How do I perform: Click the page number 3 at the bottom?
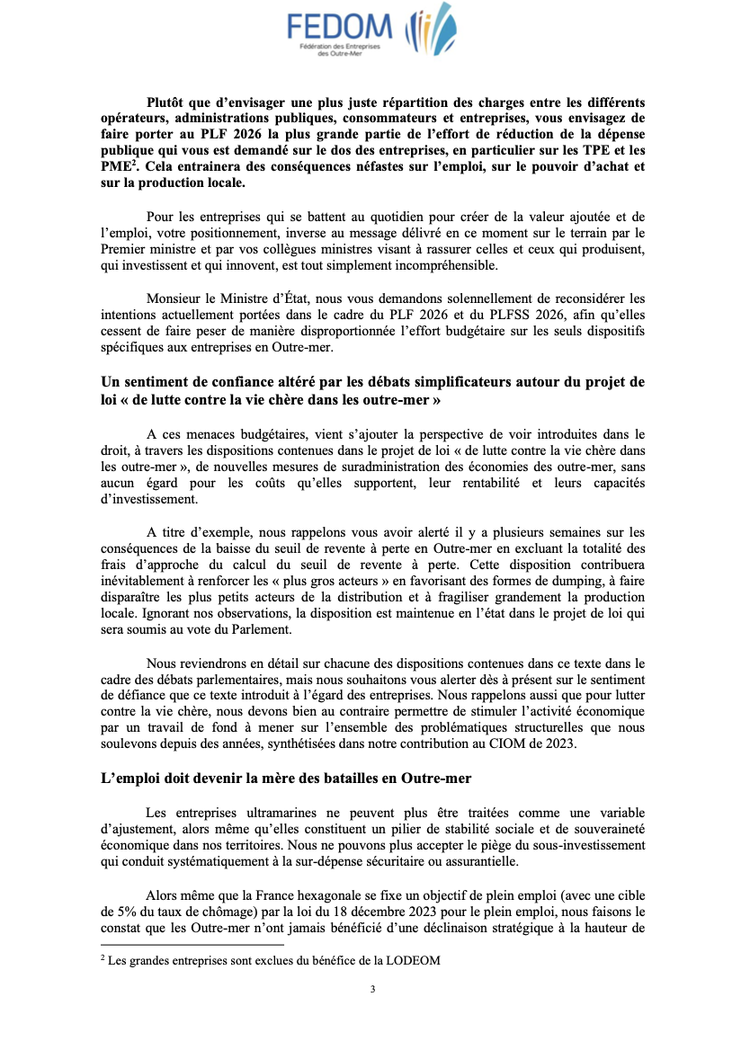[372, 990]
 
